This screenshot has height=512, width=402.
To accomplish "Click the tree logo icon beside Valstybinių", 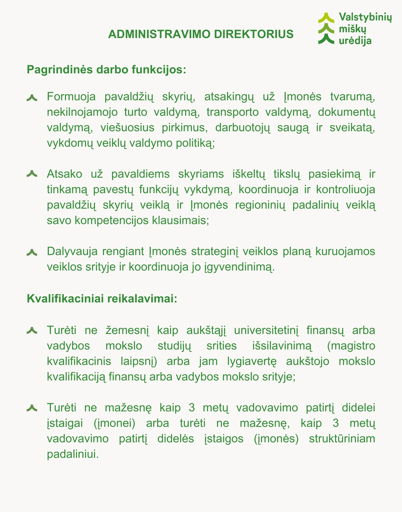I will click(x=326, y=28).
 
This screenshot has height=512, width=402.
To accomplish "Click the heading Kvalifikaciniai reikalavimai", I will click(x=102, y=299).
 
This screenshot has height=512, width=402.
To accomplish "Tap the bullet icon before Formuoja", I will click(x=32, y=98).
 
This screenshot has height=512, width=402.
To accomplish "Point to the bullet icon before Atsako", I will click(x=32, y=174).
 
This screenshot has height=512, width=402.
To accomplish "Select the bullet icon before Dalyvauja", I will click(x=32, y=253).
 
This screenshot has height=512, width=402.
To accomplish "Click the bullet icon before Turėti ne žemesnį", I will click(x=32, y=331).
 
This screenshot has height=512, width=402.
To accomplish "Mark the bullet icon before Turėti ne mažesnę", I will click(x=32, y=408).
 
